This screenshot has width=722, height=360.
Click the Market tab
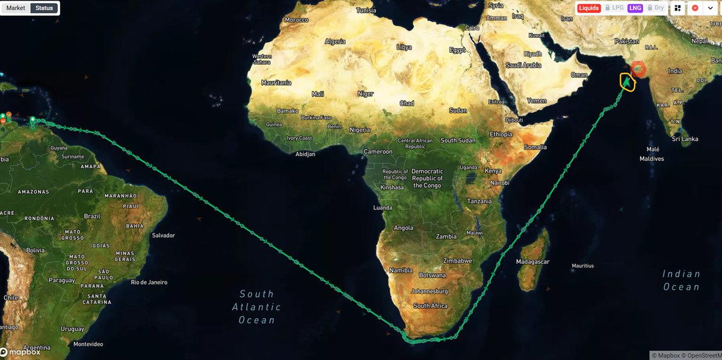click(16, 8)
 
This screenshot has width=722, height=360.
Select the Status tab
click(44, 8)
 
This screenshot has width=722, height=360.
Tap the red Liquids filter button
click(589, 8)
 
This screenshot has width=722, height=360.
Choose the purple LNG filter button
click(635, 8)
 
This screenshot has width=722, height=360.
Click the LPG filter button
click(614, 8)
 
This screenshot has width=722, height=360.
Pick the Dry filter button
click(655, 8)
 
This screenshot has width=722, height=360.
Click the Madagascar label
click(532, 262)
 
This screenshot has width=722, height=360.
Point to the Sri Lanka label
click(685, 139)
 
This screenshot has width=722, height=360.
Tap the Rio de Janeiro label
click(149, 282)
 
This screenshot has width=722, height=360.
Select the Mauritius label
click(582, 265)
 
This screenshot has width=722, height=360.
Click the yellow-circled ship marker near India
click(627, 81)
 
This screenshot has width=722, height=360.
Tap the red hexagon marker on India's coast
click(638, 69)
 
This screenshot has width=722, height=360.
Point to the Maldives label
click(652, 159)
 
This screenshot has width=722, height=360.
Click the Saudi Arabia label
click(523, 65)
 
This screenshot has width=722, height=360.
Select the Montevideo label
click(88, 344)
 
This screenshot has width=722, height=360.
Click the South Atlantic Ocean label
click(256, 307)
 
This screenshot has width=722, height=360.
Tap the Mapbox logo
click(20, 352)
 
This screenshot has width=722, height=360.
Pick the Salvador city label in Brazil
click(163, 235)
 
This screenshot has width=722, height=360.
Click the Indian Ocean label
click(681, 280)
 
